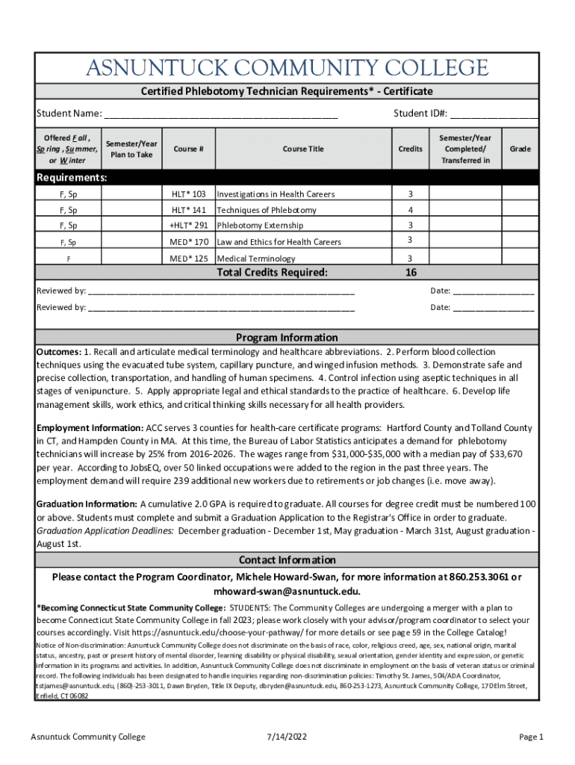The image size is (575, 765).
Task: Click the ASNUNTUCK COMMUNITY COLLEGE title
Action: point(287,69)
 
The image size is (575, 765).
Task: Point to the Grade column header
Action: point(520,149)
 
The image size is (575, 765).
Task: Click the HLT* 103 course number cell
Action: point(189,194)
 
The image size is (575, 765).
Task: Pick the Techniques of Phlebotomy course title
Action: point(267,211)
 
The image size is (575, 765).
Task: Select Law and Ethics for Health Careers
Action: point(279,242)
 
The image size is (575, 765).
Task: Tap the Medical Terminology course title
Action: point(258,258)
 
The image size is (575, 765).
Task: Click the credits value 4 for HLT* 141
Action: point(410,211)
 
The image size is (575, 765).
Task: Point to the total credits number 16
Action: point(411,273)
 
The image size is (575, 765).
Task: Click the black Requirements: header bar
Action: point(287,178)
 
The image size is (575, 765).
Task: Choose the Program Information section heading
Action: point(287,338)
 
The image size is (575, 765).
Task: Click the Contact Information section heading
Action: point(287,560)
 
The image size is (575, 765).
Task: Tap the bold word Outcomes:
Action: point(59,352)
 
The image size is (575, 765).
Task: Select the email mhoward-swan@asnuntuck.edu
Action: point(287,591)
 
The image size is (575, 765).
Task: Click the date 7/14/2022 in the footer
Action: point(287,737)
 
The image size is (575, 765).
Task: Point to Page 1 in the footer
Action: point(532,737)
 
